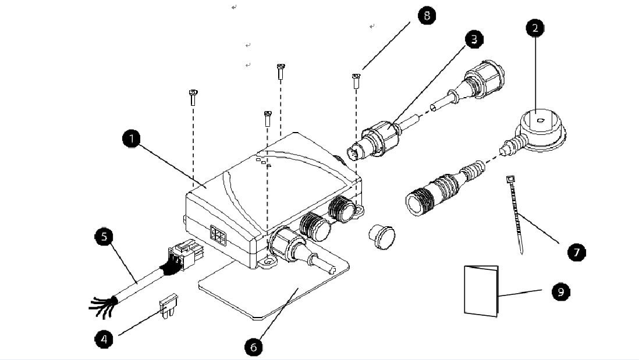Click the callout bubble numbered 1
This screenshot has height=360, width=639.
coord(131,139)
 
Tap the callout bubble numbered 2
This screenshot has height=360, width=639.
coord(535,28)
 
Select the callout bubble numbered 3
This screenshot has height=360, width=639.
coord(474,39)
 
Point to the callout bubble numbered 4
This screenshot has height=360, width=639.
coord(104,339)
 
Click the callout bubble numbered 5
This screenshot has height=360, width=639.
coord(104,237)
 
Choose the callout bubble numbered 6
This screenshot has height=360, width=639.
coord(254,347)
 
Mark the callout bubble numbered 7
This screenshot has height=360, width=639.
coord(576,252)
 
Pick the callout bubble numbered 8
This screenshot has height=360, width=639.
coord(427,16)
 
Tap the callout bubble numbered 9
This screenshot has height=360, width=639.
coord(561,291)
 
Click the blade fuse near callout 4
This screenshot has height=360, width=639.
coord(169,305)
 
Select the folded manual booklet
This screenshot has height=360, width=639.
coord(481,291)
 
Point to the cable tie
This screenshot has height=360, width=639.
coord(516,214)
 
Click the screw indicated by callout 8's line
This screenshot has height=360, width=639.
coord(356,81)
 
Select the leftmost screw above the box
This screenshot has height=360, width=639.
coord(193,98)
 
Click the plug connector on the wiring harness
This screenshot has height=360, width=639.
coord(184,255)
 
